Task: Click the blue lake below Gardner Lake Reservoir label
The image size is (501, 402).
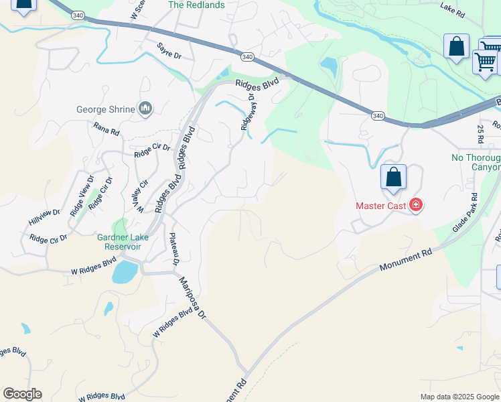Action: point(125,272)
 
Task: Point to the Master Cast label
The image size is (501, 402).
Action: point(380,206)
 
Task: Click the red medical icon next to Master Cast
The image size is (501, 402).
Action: point(415,205)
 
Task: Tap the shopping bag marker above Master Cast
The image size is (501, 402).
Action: point(394,178)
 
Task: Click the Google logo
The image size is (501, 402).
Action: point(22,394)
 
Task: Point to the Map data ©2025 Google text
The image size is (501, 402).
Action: point(459,397)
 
